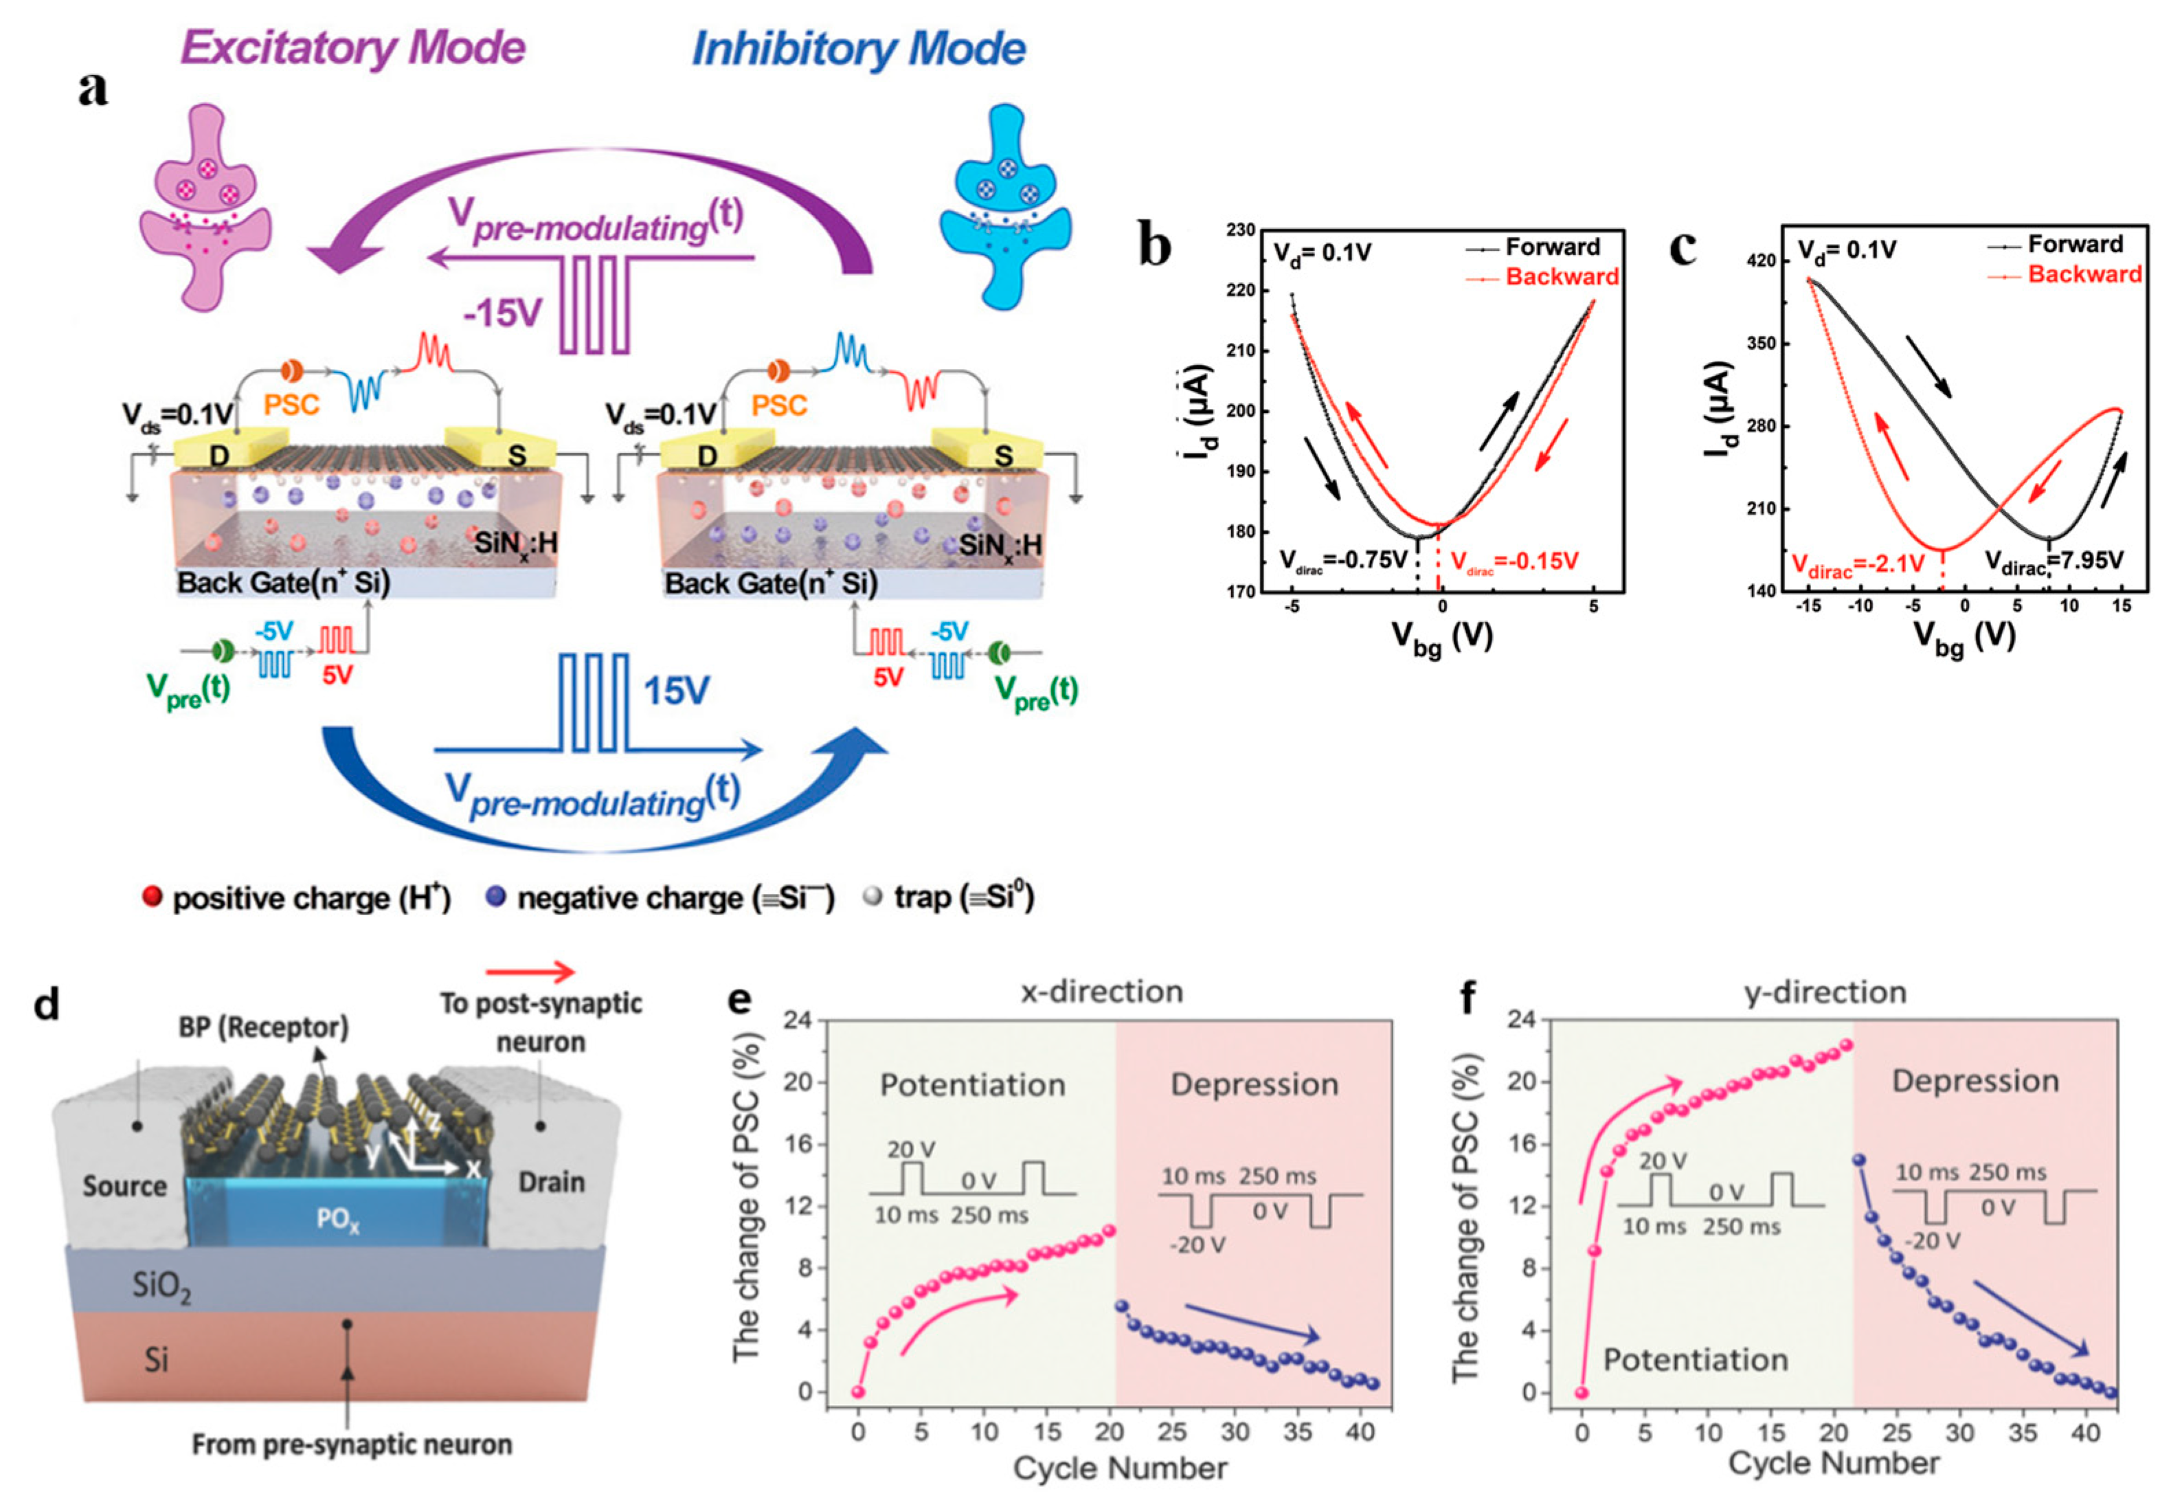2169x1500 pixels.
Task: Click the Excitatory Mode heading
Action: (x=352, y=47)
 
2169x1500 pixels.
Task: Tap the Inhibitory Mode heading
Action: (x=858, y=49)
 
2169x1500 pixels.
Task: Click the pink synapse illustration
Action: (x=205, y=207)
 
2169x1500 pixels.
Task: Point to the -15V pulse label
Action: (x=503, y=313)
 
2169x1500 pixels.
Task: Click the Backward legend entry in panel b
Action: (x=1560, y=276)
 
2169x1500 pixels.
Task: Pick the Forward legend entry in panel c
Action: (x=2074, y=245)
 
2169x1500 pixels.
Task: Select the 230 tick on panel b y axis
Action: (x=1241, y=230)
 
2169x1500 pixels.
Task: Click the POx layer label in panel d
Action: (x=338, y=1220)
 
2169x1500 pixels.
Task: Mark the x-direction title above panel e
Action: (x=1101, y=992)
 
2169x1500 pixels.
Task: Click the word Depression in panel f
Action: (x=1975, y=1082)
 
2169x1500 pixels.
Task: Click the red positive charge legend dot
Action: (x=151, y=897)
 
